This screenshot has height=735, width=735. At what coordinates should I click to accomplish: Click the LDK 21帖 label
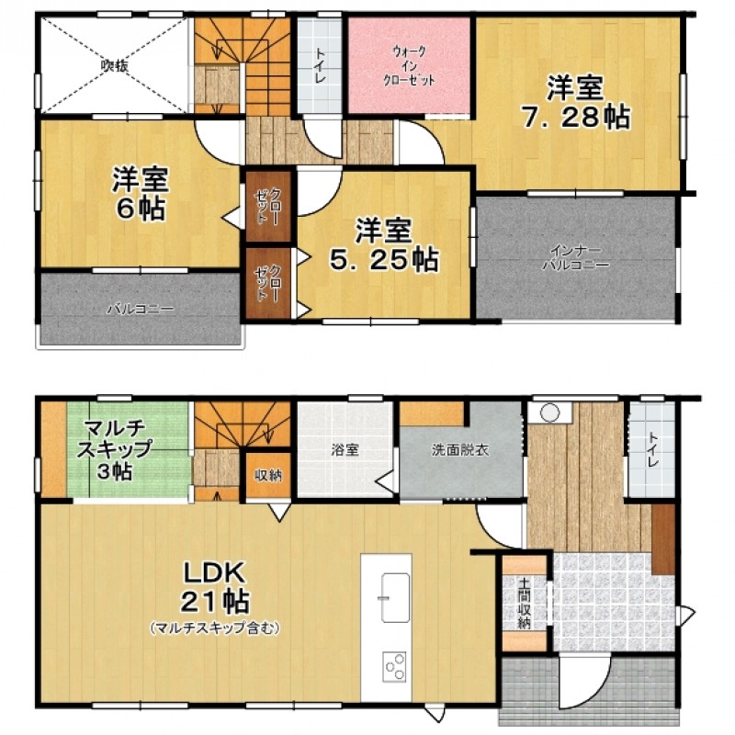click(x=214, y=586)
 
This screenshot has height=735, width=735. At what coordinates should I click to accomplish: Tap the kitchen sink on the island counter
click(x=395, y=598)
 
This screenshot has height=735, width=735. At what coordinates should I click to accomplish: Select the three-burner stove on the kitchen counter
click(x=395, y=667)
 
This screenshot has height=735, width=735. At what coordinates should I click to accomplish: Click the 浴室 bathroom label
click(x=345, y=450)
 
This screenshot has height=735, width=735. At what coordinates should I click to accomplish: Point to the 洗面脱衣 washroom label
click(x=460, y=450)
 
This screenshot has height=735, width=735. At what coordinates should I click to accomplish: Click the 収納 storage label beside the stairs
click(x=268, y=475)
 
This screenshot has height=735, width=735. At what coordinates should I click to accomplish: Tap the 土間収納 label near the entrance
click(x=524, y=604)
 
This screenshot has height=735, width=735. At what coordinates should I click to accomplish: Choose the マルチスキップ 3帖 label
click(x=113, y=450)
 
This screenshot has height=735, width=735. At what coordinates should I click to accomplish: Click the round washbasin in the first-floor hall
click(x=549, y=413)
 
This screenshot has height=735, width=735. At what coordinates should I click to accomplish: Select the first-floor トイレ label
click(x=652, y=449)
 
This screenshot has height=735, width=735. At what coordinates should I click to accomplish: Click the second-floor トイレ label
click(x=320, y=65)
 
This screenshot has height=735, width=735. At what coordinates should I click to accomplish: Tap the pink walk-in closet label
click(x=409, y=65)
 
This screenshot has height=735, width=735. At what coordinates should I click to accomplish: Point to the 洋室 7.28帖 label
click(x=576, y=102)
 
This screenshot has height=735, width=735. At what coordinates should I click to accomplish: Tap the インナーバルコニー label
click(x=576, y=257)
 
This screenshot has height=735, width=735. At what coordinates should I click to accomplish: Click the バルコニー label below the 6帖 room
click(x=141, y=310)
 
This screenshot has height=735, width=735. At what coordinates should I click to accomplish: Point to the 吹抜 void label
click(x=115, y=65)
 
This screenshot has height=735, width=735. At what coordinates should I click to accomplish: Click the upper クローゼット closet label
click(x=268, y=207)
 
